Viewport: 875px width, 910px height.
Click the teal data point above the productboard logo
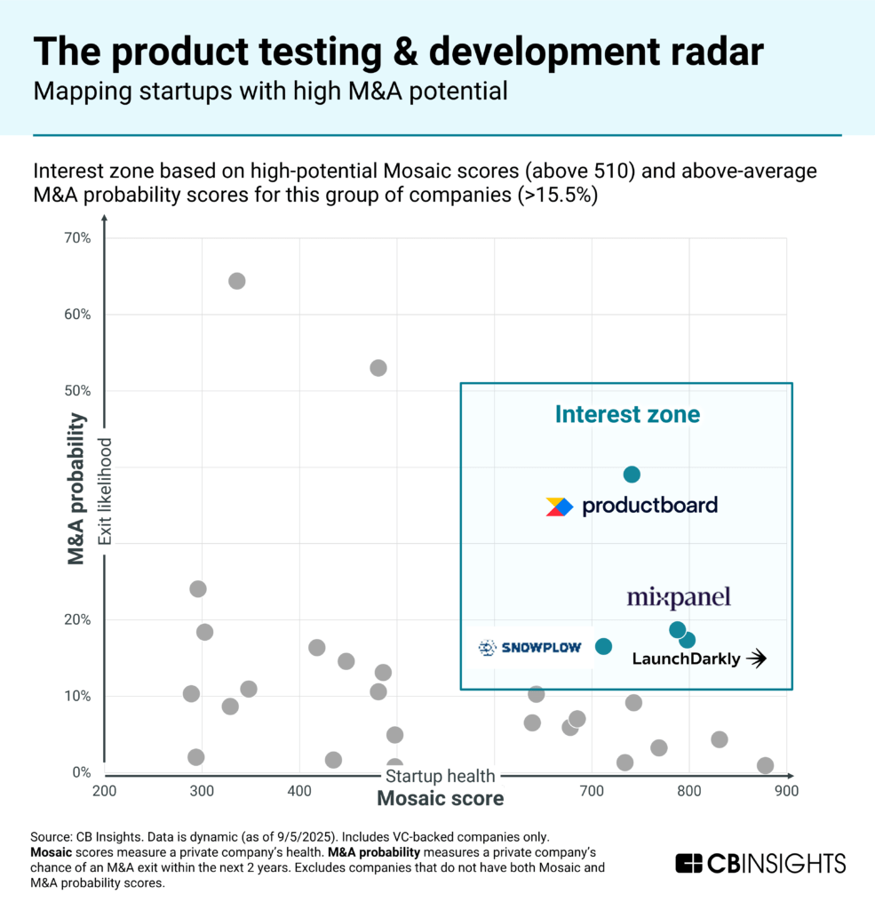tap(632, 475)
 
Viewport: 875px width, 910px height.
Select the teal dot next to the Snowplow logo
tap(603, 646)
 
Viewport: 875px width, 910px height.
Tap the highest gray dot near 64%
tap(236, 281)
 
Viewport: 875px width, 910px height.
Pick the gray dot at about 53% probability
tap(378, 368)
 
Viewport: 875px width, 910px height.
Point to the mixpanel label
tap(679, 598)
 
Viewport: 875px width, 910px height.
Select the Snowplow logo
tap(529, 648)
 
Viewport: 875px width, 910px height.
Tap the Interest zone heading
tap(627, 414)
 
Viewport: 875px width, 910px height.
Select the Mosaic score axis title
tap(441, 798)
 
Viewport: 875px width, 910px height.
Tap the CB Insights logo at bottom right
tap(760, 863)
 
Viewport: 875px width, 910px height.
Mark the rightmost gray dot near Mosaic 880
tap(765, 765)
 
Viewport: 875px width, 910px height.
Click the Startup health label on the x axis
tap(441, 776)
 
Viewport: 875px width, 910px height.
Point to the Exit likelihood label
tap(104, 491)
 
